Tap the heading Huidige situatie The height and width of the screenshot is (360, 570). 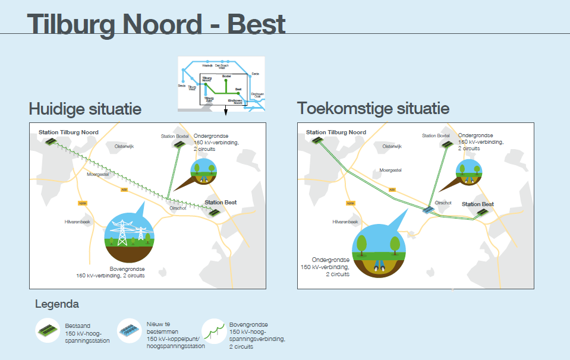pyautogui.click(x=85, y=109)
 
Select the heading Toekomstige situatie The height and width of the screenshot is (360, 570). pyautogui.click(x=373, y=109)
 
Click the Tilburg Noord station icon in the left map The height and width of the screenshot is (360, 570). pyautogui.click(x=52, y=142)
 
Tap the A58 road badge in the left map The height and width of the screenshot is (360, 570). pyautogui.click(x=124, y=190)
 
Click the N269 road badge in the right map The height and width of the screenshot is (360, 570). pyautogui.click(x=350, y=203)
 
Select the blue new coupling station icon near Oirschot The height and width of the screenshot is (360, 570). pyautogui.click(x=429, y=210)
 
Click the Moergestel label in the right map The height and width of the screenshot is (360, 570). pyautogui.click(x=391, y=170)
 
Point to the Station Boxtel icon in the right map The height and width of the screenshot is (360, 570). pyautogui.click(x=448, y=144)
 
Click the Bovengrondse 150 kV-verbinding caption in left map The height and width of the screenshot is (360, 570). pyautogui.click(x=111, y=272)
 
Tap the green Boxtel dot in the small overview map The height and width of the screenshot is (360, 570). pyautogui.click(x=226, y=80)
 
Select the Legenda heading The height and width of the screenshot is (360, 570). pyautogui.click(x=57, y=304)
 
